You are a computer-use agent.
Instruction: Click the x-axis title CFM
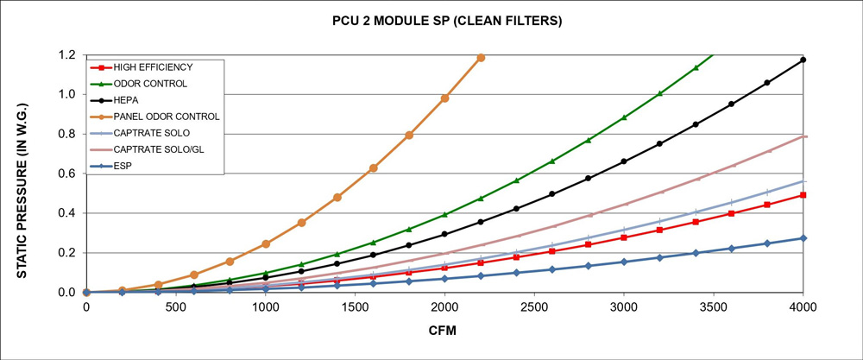point(444,331)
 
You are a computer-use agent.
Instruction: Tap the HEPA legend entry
point(130,100)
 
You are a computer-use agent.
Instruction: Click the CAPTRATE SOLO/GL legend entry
point(157,149)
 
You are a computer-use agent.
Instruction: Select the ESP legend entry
point(125,166)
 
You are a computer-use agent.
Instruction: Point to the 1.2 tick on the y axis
point(66,55)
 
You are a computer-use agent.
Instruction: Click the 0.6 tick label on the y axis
point(66,174)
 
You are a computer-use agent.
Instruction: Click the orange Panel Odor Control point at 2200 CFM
point(481,58)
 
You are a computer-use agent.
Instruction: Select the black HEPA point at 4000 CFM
point(803,60)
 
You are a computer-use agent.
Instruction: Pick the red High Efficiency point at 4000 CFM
point(803,195)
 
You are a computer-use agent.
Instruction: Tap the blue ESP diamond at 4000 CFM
point(803,238)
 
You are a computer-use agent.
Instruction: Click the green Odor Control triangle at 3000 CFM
point(624,117)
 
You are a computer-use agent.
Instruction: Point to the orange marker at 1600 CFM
point(373,167)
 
